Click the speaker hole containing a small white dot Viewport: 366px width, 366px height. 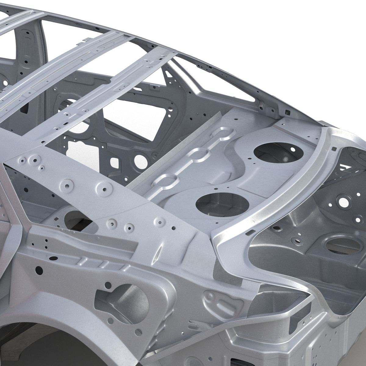272,152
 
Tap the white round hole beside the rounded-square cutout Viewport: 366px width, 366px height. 139,159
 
